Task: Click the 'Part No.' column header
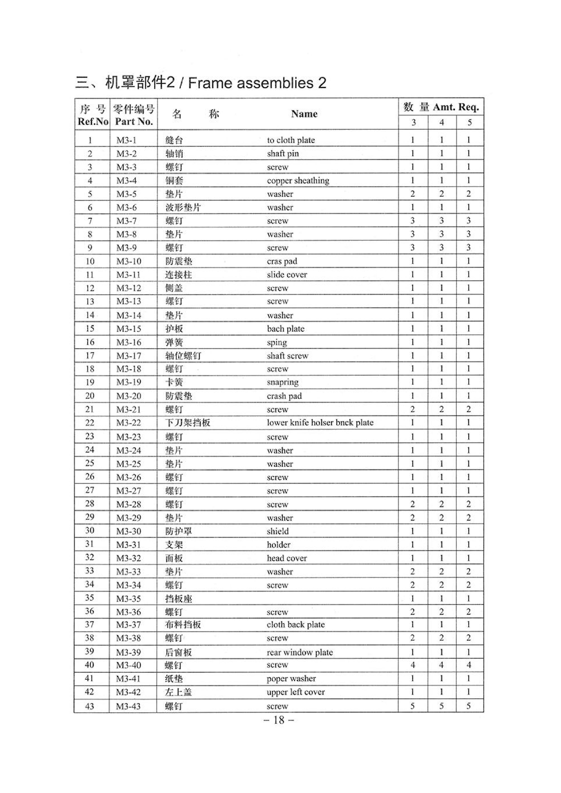[134, 122]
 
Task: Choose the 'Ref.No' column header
[93, 122]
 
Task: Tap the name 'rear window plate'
[299, 652]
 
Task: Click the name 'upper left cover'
[296, 692]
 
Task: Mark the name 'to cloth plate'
[291, 140]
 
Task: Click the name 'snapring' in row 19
[282, 382]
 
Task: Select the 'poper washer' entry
[291, 678]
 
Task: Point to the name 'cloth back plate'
[296, 624]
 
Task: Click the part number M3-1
[126, 140]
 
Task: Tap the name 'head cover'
[286, 558]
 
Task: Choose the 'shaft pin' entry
[283, 153]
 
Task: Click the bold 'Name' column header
[304, 114]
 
